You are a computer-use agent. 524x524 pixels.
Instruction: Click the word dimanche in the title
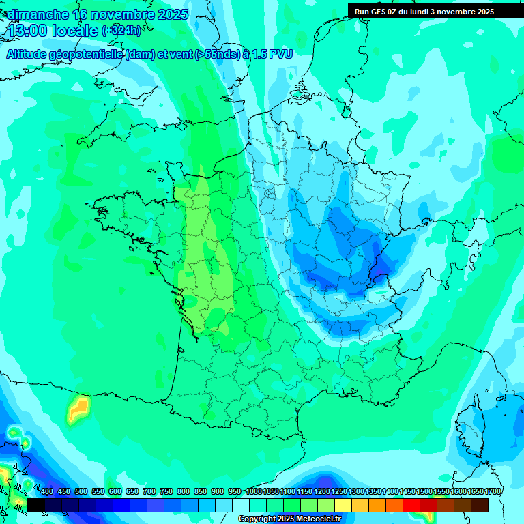coord(37,14)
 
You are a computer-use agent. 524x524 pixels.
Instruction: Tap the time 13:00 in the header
coord(28,31)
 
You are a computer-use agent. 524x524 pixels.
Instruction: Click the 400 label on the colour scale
coord(47,492)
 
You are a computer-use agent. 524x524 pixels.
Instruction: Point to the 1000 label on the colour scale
coord(253,492)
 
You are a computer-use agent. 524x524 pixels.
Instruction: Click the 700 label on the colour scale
coord(149,492)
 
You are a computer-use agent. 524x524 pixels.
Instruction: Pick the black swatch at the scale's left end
coord(36,505)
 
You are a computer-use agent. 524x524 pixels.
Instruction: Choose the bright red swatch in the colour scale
coord(411,505)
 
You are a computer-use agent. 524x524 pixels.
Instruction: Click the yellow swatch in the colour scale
coord(343,505)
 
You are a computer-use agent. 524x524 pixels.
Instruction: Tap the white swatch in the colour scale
coord(241,505)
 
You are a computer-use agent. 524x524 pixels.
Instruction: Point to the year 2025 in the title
coord(173,14)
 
